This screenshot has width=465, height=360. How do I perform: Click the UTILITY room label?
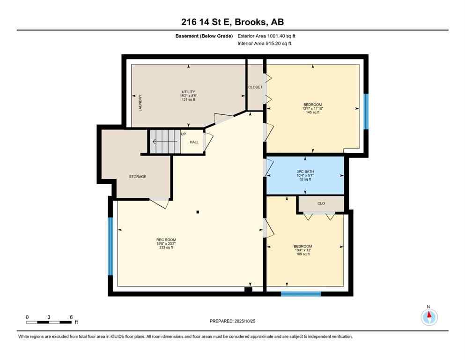(x=188, y=92)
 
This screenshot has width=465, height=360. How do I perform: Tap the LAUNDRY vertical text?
(x=140, y=103)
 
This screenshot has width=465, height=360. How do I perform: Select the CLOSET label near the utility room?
(x=255, y=87)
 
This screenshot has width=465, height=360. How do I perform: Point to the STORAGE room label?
(x=138, y=177)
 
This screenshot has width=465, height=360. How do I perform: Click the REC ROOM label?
(x=166, y=240)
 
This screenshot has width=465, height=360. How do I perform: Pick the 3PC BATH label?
(x=305, y=171)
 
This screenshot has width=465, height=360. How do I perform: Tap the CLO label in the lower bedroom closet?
(x=321, y=203)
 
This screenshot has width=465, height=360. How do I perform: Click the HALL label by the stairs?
(x=194, y=142)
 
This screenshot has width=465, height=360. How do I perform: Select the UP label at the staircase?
(x=183, y=134)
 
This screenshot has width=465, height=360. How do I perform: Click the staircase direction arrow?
(x=164, y=141)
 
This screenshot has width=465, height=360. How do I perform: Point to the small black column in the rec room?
(x=198, y=212)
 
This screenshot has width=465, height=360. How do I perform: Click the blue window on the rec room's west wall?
(x=111, y=246)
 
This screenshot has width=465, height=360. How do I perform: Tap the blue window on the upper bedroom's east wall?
(x=366, y=111)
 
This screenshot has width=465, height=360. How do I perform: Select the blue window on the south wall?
(x=301, y=294)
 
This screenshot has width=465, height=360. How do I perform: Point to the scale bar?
(x=49, y=322)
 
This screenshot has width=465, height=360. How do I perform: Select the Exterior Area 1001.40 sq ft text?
(x=266, y=36)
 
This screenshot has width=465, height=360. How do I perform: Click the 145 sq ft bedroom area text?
(x=312, y=112)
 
